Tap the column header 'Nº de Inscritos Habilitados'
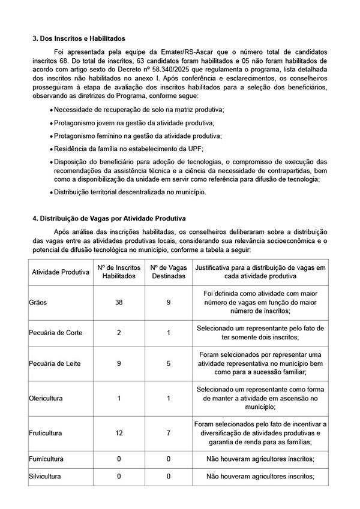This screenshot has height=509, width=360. coord(119,272)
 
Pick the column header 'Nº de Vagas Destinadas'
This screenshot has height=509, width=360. coord(168,272)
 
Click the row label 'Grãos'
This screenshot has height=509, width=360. coord(38,303)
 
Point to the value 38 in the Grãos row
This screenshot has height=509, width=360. coord(119,303)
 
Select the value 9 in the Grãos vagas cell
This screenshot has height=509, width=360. coord(168,303)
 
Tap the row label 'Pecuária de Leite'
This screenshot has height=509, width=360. coord(55,363)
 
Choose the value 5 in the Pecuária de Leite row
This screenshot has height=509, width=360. coord(168,363)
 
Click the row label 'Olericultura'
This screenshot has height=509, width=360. coord(46,397)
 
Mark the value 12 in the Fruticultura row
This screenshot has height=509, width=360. coord(119,432)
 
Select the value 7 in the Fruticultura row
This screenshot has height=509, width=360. coord(168,432)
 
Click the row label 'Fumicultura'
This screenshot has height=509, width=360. coord(46,459)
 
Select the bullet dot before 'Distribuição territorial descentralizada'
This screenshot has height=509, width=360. coord(52,192)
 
